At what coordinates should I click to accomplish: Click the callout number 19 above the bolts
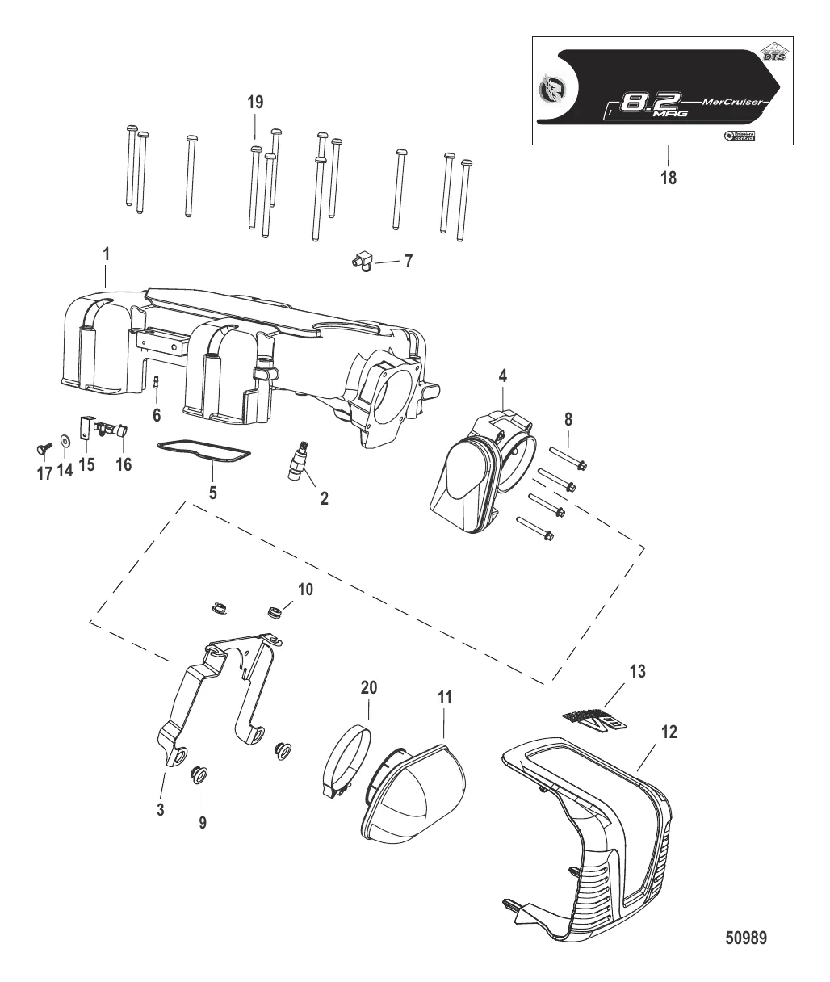click(255, 102)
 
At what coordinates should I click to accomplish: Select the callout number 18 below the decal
click(668, 178)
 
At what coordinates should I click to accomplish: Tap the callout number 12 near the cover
click(669, 732)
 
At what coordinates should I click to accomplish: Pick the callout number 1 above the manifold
click(106, 254)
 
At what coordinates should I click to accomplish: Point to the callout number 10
click(304, 590)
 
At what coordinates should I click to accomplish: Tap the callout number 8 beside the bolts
click(568, 419)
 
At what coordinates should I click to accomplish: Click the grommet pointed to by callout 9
click(196, 776)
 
